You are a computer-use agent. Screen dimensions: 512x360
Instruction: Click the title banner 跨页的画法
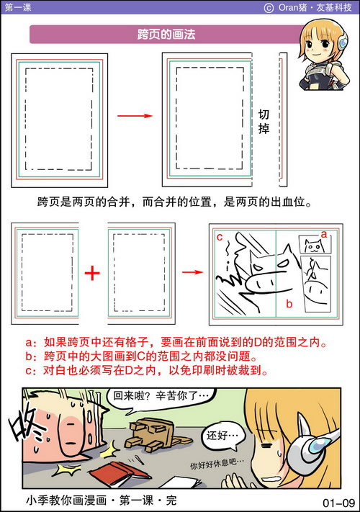coord(166,35)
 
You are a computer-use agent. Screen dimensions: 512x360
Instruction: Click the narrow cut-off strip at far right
coord(283,119)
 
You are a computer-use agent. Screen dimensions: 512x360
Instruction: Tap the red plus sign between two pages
coord(92,274)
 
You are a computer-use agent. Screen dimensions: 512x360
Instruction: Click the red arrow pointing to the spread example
coord(190,272)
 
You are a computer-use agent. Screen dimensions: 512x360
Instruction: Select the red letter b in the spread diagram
coord(289,303)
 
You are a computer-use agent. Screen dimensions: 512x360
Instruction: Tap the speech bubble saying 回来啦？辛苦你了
coord(153,397)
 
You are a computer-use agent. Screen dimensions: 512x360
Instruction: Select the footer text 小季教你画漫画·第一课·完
coord(100,500)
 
